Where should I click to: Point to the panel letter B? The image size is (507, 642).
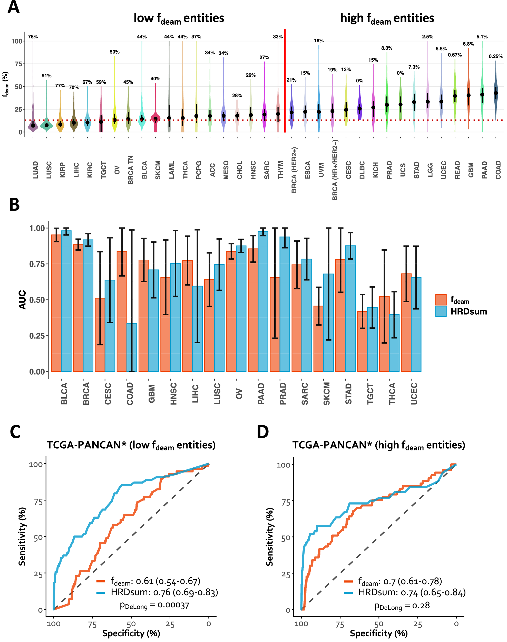coord(14,205)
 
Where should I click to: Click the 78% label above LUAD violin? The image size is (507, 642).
coord(33,37)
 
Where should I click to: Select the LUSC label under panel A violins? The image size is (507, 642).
coord(49,170)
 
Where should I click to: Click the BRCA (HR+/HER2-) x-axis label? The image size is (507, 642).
coord(335,170)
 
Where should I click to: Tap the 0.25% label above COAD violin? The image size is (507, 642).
coord(495,56)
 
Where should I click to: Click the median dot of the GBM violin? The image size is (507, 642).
coord(469,95)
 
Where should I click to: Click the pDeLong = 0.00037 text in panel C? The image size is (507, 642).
coord(154,605)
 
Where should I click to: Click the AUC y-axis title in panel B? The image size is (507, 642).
coord(23,300)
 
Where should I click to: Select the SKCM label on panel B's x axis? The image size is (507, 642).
coord(327,394)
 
